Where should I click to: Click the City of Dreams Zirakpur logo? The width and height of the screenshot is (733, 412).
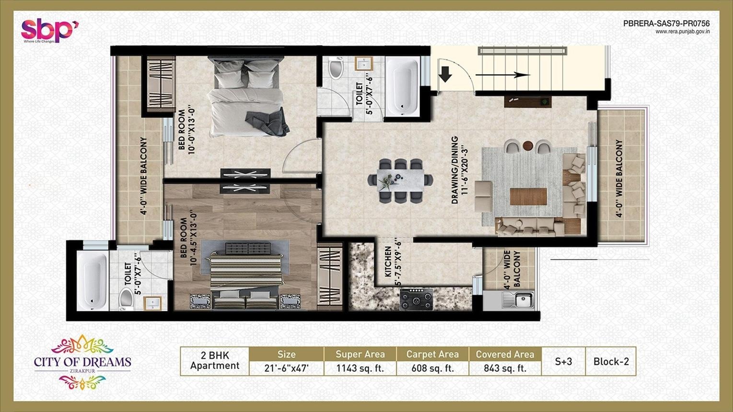[82, 362]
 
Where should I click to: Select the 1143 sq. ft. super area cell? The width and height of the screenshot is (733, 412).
[360, 368]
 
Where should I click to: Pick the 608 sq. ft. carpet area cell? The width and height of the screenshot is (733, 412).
[432, 368]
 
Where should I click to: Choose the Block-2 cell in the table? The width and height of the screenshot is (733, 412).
[611, 361]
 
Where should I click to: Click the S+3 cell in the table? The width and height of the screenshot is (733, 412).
[563, 361]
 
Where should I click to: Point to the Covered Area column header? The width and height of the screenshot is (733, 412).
[505, 354]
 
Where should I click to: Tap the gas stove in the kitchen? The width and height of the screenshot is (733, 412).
[416, 299]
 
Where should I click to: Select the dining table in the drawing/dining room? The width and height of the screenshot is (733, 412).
[400, 180]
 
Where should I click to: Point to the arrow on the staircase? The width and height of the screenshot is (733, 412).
[502, 75]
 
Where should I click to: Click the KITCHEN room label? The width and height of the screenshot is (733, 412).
[388, 262]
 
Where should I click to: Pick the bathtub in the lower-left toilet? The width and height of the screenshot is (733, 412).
[92, 281]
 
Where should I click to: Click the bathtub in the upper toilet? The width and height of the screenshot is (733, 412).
[403, 86]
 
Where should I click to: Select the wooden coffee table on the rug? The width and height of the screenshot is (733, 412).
[528, 196]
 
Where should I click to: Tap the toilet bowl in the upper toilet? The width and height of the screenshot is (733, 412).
[336, 69]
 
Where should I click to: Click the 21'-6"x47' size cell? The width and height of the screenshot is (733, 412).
[286, 368]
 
